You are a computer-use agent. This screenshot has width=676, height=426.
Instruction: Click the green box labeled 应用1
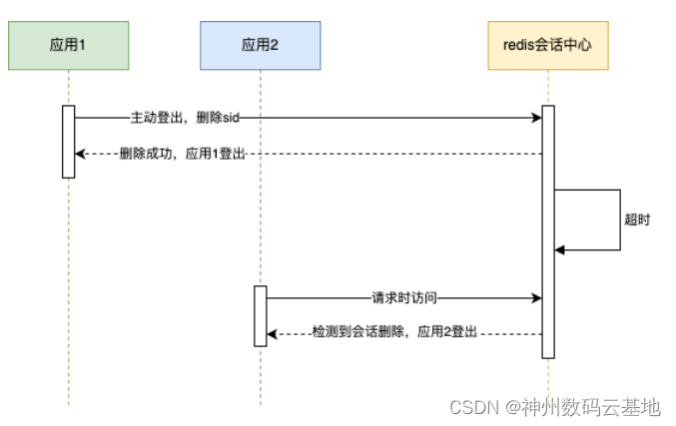point(68,45)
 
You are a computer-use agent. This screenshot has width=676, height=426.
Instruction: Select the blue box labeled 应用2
point(260,45)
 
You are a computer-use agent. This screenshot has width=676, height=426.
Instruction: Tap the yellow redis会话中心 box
point(548,45)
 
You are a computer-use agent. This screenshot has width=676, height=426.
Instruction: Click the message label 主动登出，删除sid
point(185,118)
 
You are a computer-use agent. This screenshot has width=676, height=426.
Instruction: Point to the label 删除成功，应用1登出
point(182,154)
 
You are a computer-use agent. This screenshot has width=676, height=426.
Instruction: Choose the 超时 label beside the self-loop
point(636,219)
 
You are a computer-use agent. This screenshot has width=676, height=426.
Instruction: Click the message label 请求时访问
point(404,297)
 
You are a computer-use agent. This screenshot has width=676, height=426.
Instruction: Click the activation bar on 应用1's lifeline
point(68,141)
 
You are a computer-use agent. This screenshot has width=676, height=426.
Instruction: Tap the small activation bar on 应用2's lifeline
point(260,315)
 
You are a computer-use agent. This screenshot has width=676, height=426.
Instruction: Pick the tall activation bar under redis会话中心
point(548,230)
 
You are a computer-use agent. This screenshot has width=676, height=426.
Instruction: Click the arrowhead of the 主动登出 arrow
point(536,118)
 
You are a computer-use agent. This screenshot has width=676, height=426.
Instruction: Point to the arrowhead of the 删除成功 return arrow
point(81,154)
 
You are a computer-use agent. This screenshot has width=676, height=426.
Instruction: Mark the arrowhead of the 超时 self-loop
point(560,249)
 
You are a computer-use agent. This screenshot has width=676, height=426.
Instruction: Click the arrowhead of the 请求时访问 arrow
point(536,297)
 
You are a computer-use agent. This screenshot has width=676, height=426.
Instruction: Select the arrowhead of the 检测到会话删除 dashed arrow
point(273,334)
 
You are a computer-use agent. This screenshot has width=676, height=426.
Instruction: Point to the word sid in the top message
point(231,118)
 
